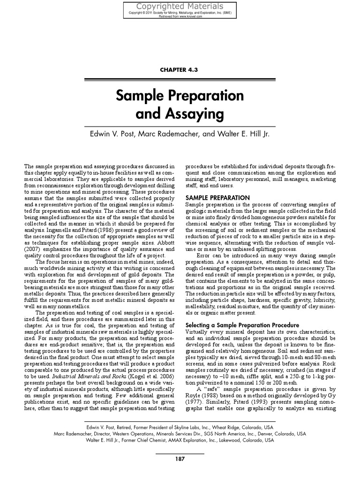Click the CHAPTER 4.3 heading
180,69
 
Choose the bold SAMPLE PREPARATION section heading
217,197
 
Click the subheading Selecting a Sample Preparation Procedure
242,325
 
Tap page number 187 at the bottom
180,459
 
